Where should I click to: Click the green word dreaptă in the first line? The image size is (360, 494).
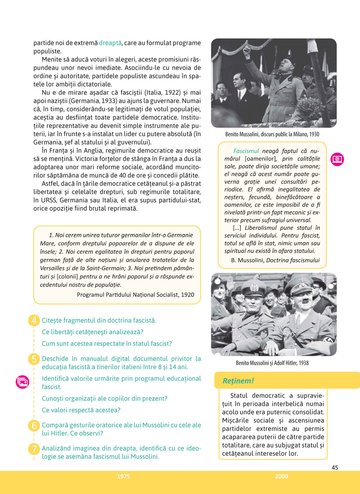(110, 43)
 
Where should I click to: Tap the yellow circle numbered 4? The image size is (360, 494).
(34, 320)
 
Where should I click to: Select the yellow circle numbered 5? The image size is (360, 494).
(34, 359)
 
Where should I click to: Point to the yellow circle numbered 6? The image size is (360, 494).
(34, 425)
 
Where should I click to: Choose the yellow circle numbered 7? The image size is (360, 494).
(34, 449)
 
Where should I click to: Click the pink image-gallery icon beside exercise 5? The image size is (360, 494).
(22, 382)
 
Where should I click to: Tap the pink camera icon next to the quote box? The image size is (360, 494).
(337, 159)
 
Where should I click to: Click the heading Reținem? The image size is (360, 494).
(238, 381)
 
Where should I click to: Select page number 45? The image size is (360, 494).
(335, 467)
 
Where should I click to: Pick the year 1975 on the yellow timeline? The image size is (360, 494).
(123, 476)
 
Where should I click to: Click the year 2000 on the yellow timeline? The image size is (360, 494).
(281, 476)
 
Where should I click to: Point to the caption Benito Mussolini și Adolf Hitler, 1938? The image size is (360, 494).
(272, 363)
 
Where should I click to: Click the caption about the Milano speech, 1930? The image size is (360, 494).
(272, 134)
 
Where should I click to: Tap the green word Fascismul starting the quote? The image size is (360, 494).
(246, 151)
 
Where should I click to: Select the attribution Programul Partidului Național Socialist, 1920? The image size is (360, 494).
(135, 295)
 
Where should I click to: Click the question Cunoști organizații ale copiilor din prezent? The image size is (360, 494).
(104, 398)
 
